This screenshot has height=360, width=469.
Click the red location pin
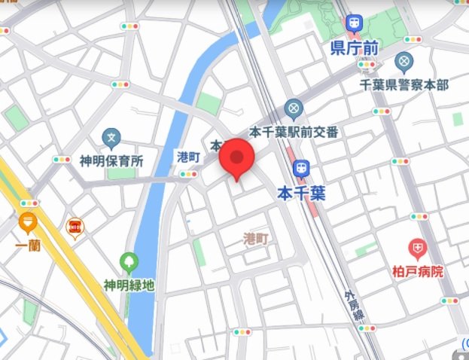click(x=238, y=158)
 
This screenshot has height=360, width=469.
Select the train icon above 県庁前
click(x=353, y=25)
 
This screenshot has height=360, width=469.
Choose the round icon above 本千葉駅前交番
click(x=294, y=108)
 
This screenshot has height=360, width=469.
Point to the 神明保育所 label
click(x=111, y=160)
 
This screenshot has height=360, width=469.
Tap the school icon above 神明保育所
click(x=111, y=138)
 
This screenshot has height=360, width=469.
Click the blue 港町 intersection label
click(x=187, y=157)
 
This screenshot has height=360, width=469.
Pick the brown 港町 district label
click(x=256, y=239)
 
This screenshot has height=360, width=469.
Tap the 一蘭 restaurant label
click(x=28, y=246)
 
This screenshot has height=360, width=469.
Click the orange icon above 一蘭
click(x=28, y=223)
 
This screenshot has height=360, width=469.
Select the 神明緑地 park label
click(x=129, y=285)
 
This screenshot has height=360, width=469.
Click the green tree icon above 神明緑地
click(x=129, y=263)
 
